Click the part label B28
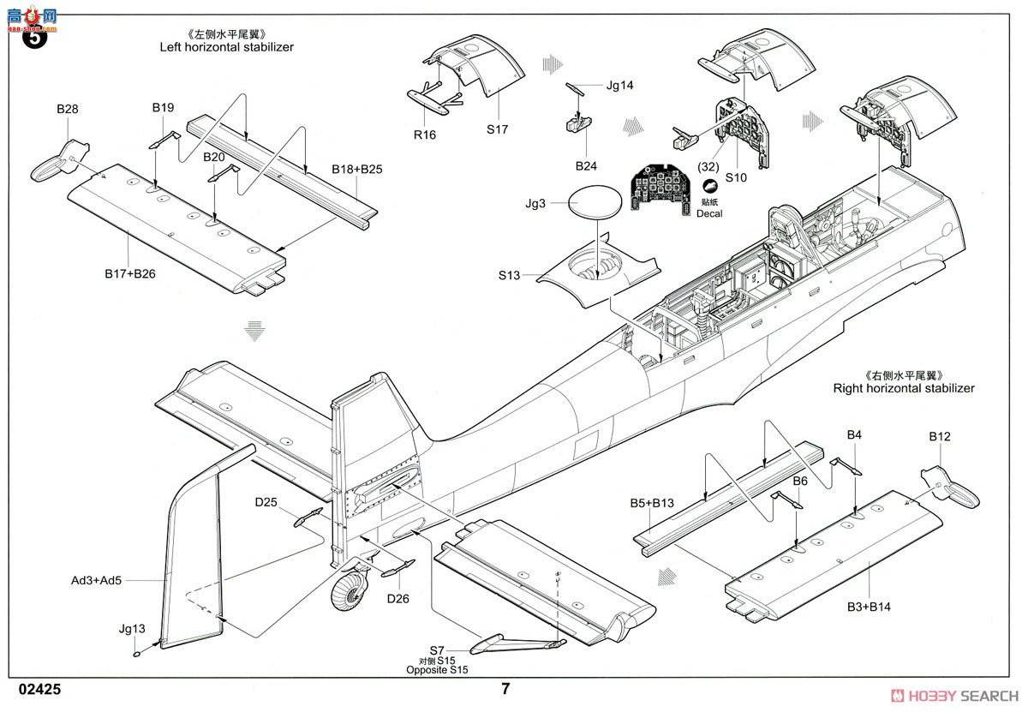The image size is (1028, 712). coord(68,109)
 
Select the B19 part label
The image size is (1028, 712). coord(163,107)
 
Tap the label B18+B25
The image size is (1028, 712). coord(357,169)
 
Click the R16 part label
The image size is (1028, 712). coord(425,135)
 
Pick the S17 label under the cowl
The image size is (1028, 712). coord(498,129)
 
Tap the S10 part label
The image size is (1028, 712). coord(736,177)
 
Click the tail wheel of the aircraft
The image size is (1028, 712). coord(351,590)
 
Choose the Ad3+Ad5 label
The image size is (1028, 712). coord(97,580)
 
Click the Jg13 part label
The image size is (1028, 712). coord(132,628)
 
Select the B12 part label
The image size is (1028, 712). coord(940,436)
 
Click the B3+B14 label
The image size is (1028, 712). coord(869,606)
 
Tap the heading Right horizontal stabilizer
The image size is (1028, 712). coord(904,388)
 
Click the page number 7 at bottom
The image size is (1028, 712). coord(505,688)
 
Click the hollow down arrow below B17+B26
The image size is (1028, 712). coord(253,331)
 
